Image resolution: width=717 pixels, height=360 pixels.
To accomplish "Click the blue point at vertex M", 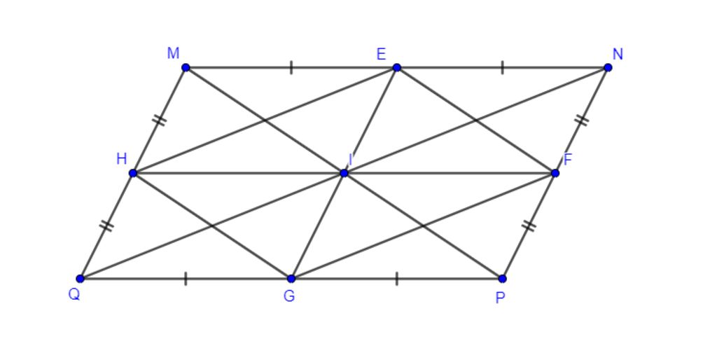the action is [186, 68].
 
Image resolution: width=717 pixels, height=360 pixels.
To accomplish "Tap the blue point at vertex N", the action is [608, 68].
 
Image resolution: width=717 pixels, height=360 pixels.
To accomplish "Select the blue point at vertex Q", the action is [80, 278].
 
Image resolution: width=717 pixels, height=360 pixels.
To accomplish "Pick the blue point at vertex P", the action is [502, 278].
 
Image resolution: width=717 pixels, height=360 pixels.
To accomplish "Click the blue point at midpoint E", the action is [397, 68].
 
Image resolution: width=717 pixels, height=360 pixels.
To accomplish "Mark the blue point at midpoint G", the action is [291, 278].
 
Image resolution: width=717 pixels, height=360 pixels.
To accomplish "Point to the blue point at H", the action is [133, 173].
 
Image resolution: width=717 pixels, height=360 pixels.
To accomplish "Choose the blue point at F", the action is [555, 173].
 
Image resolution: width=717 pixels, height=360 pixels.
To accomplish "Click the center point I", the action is [344, 173].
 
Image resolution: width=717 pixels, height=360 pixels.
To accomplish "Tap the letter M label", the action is [174, 53].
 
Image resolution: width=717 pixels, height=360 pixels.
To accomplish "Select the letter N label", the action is [618, 55].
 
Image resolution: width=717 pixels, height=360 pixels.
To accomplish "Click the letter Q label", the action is [74, 295].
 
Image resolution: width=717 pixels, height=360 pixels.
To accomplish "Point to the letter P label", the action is [500, 298].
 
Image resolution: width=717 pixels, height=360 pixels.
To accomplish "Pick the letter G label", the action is [289, 296].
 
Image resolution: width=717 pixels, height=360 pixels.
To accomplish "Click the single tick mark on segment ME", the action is [291, 68].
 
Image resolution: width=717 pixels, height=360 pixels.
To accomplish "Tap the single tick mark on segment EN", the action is [503, 68].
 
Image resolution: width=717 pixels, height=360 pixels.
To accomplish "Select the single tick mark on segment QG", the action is [186, 278].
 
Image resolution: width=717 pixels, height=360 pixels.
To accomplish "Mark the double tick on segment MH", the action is [159, 120].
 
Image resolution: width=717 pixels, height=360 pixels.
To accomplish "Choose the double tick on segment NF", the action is [582, 120].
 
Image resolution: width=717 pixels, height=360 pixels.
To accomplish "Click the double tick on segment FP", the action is [529, 226].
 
